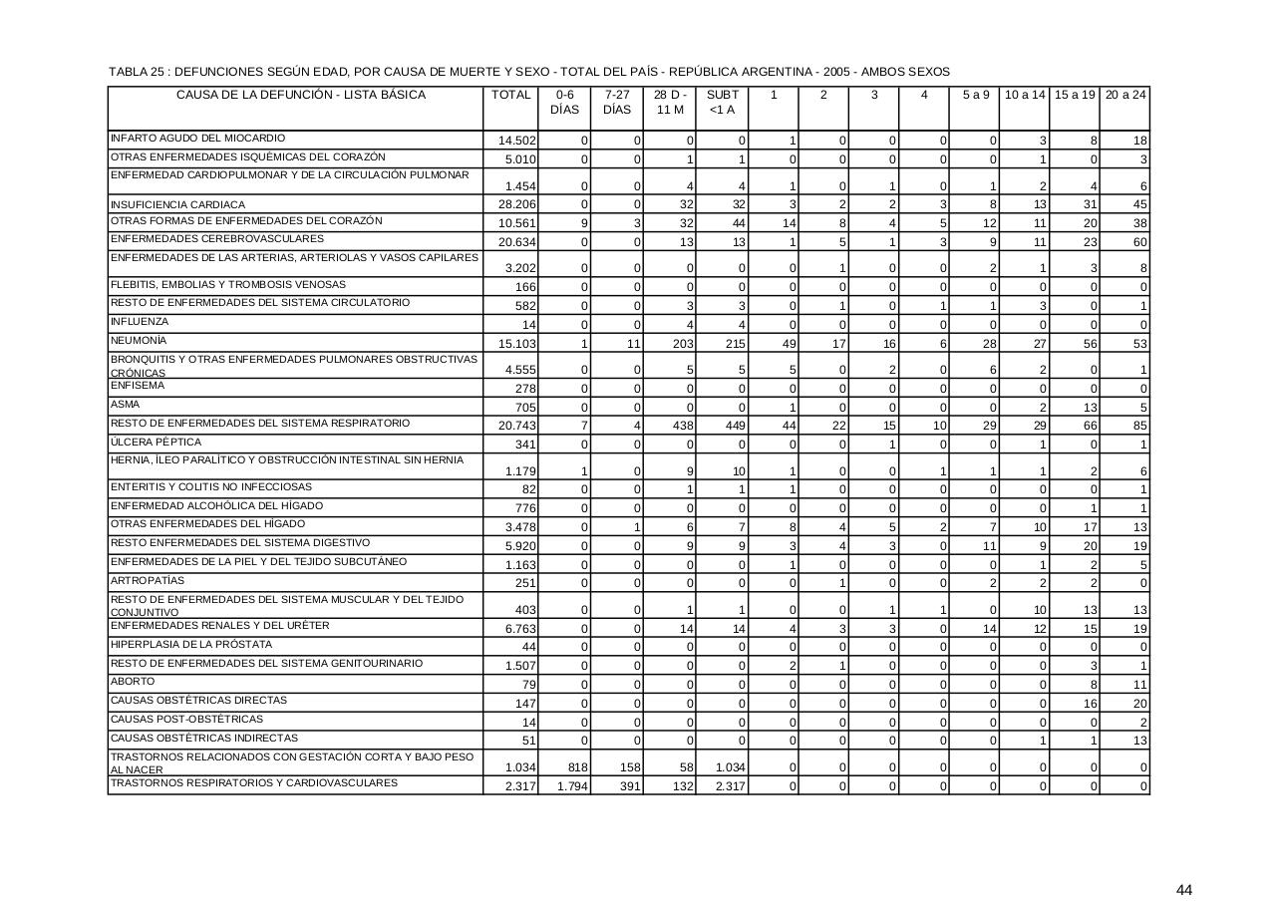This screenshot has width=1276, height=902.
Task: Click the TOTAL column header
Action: [511, 95]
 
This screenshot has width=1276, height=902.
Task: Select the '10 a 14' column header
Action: [1025, 95]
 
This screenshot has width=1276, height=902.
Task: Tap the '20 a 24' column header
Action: [1125, 95]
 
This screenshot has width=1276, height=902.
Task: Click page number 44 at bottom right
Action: [1184, 890]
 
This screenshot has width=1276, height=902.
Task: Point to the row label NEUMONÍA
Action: [139, 341]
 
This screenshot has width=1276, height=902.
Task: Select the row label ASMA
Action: [125, 405]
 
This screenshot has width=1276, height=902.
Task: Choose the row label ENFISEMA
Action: [138, 386]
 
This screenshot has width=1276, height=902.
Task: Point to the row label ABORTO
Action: [133, 682]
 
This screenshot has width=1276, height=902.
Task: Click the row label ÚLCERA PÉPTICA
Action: [156, 443]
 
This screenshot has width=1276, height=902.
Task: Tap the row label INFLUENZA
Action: [140, 322]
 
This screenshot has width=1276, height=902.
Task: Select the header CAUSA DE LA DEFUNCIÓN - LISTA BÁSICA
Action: [301, 95]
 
